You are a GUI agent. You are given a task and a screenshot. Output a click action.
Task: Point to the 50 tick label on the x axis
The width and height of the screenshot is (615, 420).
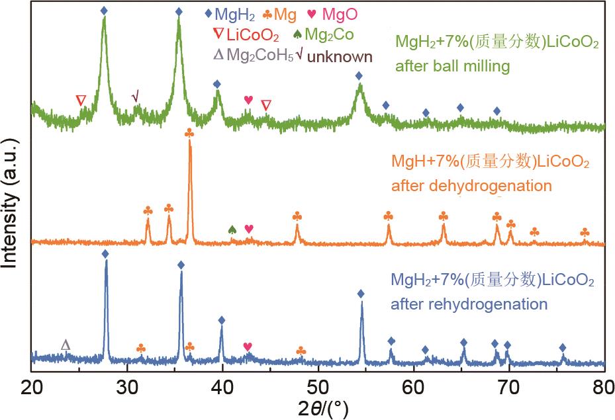[x=318, y=385]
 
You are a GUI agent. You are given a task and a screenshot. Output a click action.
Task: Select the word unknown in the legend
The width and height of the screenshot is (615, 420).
[x=340, y=57]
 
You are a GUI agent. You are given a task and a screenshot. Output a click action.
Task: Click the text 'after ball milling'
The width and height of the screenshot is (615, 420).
[x=452, y=66]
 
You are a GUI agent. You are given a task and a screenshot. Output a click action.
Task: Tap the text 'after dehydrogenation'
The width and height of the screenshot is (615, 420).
[x=471, y=185]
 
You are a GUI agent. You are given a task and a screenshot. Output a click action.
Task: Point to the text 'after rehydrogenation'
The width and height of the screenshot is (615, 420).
[x=469, y=304]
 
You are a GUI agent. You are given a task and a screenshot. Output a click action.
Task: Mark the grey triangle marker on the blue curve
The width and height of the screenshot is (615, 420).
[x=65, y=345]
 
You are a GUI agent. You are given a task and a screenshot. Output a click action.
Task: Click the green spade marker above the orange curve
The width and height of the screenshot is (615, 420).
[x=232, y=229]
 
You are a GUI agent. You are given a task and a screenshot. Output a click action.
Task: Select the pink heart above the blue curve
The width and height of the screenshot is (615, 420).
[x=248, y=347]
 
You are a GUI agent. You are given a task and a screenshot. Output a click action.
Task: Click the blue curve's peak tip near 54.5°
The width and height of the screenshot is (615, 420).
[x=361, y=303]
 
